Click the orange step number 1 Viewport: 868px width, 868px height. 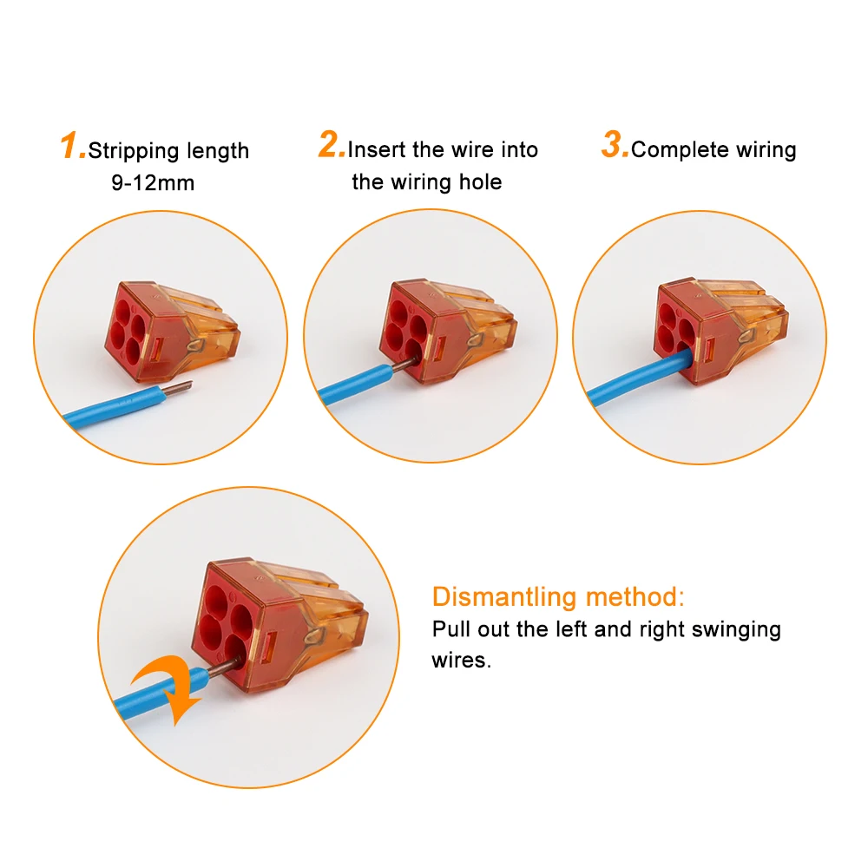point(71,146)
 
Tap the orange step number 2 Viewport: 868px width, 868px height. point(331,144)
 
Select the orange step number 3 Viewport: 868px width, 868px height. point(614,144)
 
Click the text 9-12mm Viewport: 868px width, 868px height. point(153,182)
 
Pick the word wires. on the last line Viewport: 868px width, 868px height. point(462,661)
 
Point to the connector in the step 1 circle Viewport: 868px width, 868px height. point(172,331)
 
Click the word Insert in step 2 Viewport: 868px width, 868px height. point(377,149)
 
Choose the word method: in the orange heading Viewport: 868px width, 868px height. point(635,597)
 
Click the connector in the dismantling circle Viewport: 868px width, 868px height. point(279,626)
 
